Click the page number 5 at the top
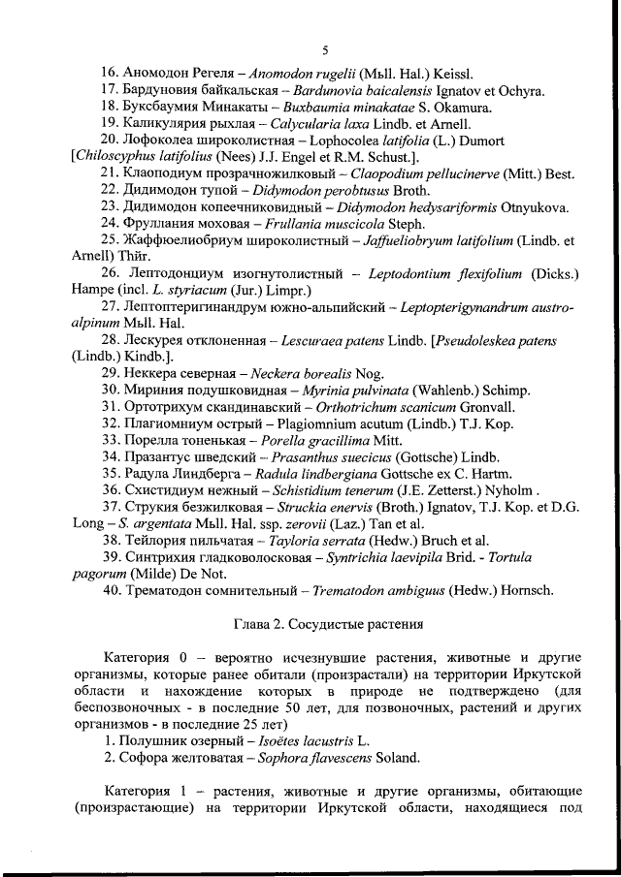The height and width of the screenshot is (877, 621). click(325, 49)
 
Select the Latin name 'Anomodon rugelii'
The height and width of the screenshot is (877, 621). click(301, 74)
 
